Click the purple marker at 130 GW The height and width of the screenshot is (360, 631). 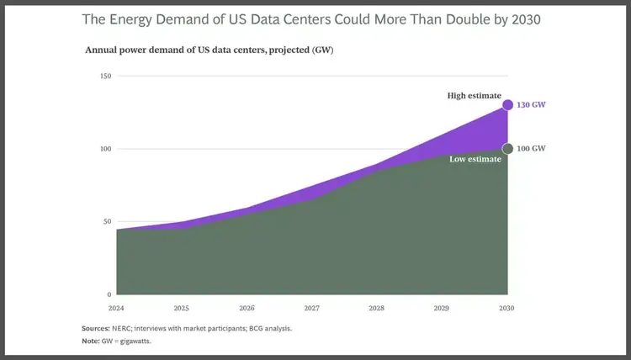507,105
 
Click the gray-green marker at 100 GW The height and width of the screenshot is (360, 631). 507,149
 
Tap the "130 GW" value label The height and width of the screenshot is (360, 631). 531,105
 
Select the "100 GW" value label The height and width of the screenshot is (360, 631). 531,149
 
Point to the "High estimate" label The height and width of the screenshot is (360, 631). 474,96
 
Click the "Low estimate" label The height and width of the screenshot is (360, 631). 474,159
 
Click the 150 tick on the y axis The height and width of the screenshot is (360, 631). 105,77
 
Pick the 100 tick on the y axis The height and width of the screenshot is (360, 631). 105,149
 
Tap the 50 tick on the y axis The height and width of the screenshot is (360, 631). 107,222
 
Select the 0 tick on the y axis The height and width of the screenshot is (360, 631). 109,295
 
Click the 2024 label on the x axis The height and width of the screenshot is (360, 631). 117,308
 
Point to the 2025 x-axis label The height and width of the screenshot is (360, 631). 182,308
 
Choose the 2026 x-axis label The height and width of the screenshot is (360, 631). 247,308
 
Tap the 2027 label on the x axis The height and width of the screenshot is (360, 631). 312,308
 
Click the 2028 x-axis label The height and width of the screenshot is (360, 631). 377,308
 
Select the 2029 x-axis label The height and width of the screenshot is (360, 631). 442,308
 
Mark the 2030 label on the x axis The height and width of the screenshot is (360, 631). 506,308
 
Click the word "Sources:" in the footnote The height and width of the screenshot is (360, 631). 98,328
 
